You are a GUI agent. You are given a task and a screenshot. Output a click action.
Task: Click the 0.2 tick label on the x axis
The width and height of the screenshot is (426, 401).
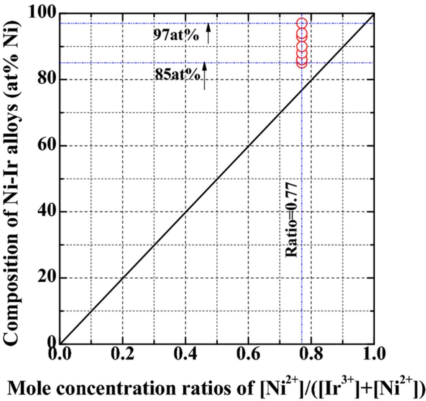coord(122,353)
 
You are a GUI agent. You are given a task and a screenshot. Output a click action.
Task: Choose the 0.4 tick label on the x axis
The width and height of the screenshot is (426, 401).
coord(185,353)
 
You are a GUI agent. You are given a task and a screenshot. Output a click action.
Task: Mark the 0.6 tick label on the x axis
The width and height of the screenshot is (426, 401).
coord(248,353)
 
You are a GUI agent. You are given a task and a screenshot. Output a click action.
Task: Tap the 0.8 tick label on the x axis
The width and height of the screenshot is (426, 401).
coord(311,353)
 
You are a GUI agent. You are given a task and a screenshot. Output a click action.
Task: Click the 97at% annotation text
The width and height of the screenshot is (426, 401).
coord(176,35)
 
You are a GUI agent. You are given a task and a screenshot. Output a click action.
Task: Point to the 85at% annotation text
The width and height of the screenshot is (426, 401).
coord(177,74)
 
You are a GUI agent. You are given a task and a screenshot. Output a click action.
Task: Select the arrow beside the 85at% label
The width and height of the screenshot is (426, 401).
coord(205,76)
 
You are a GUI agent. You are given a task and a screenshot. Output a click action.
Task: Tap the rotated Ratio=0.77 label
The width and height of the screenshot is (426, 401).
coord(292,219)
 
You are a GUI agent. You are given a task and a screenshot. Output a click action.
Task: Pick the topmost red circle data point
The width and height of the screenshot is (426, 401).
coord(302,23)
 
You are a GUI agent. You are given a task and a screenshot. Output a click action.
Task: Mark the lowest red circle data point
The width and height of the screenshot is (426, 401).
coord(302,62)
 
